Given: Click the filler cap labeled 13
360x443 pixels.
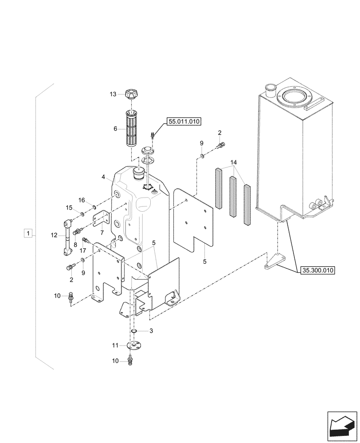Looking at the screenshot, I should click(x=132, y=94).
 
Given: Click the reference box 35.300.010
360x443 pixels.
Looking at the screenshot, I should click(x=317, y=269).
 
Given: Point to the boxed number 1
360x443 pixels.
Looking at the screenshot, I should click(x=28, y=233).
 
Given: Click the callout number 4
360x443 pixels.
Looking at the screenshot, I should click(x=103, y=177).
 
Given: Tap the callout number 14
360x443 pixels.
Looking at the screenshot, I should click(x=234, y=162).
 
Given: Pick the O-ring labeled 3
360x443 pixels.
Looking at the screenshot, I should click(x=133, y=331).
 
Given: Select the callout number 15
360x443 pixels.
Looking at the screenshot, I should click(x=69, y=207).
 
